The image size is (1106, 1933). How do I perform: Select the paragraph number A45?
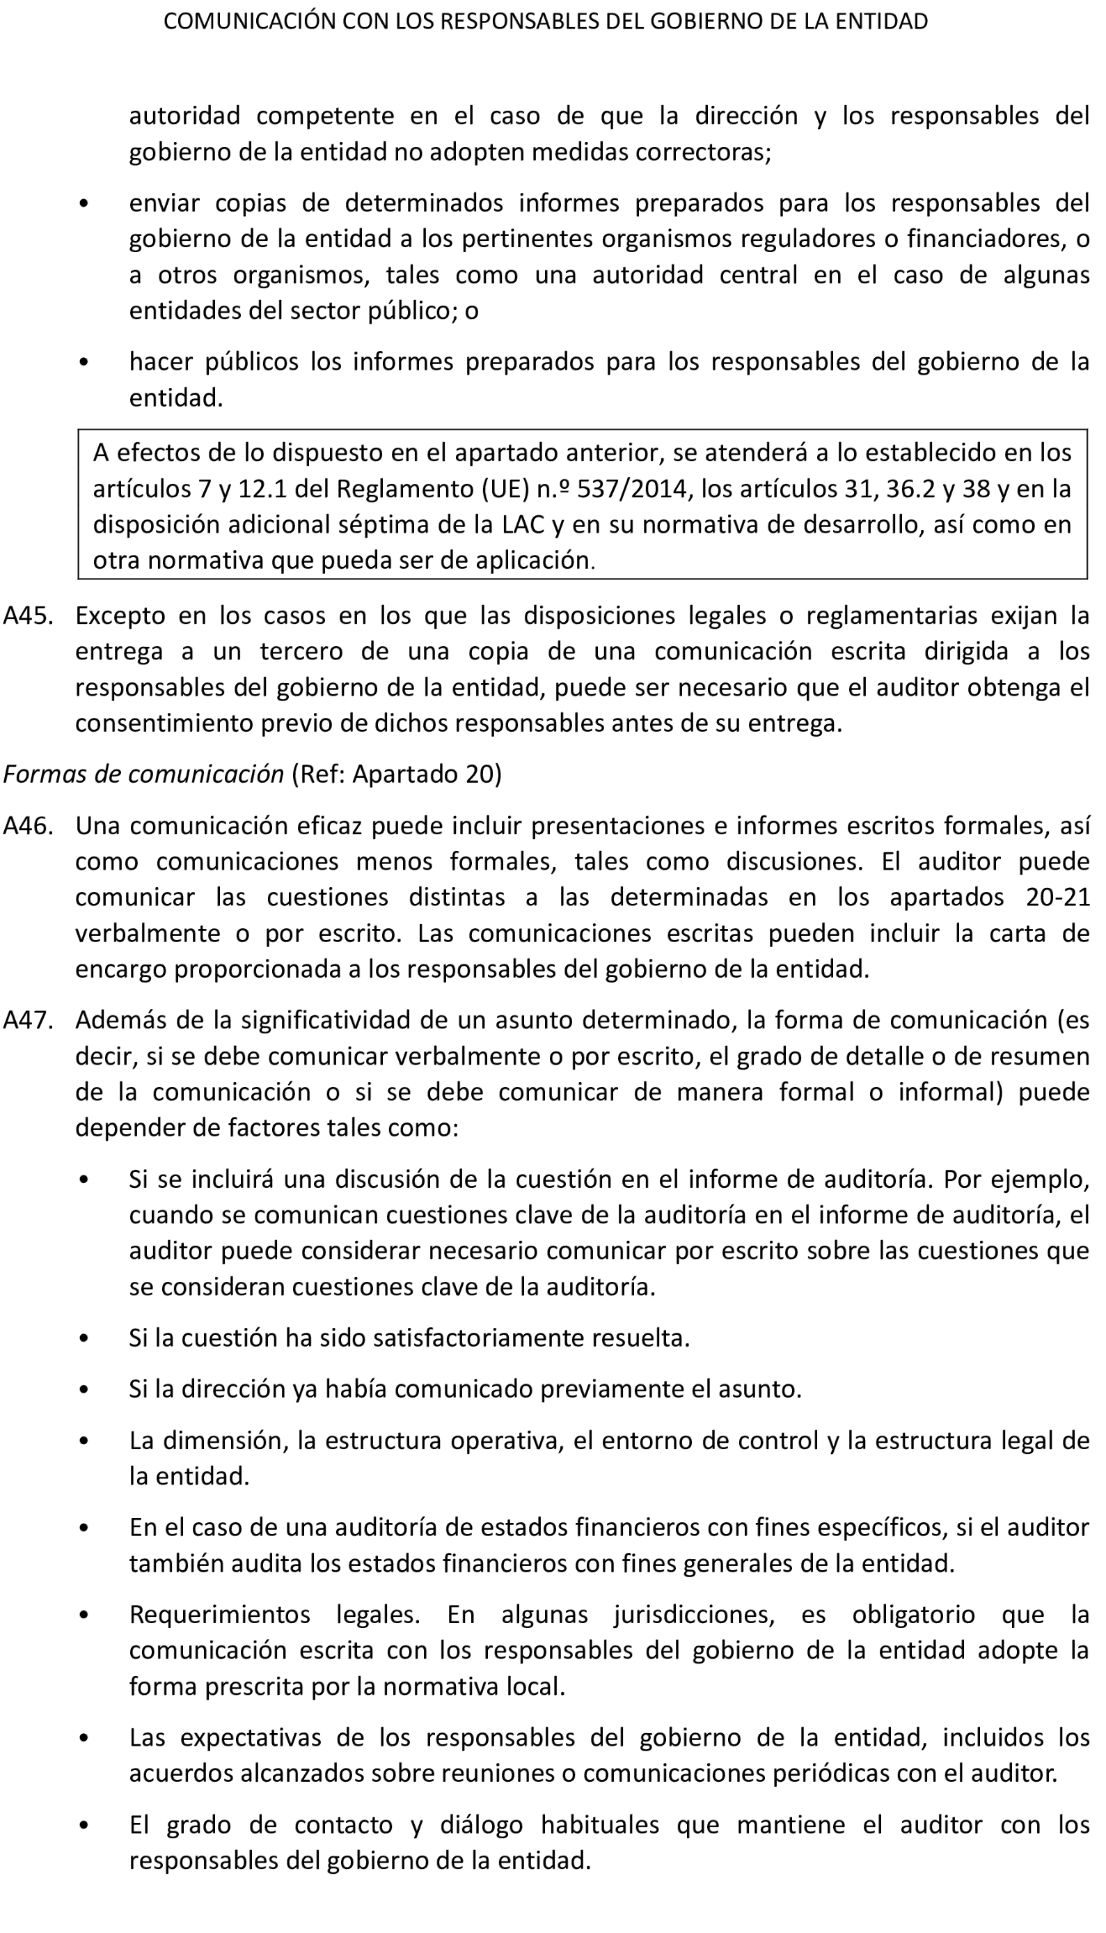tap(28, 615)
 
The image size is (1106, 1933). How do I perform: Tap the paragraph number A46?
tap(28, 825)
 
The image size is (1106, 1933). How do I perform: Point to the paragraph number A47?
tap(28, 1019)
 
